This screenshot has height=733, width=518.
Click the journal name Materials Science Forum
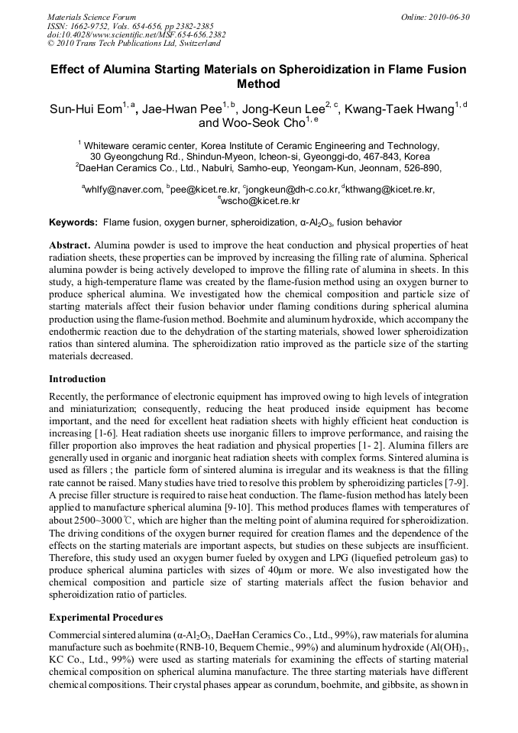pos(92,17)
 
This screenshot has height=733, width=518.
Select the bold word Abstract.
pos(70,245)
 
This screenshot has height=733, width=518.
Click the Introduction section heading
pos(77,379)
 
